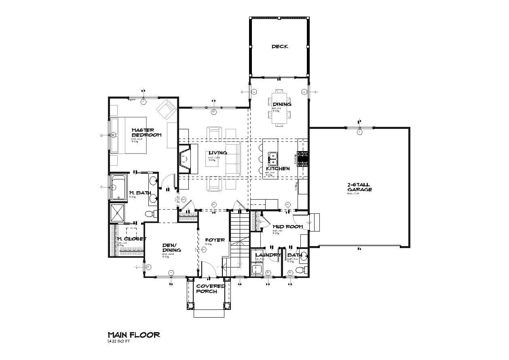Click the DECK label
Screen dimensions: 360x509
coord(280,47)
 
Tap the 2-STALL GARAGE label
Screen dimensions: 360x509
coord(359,187)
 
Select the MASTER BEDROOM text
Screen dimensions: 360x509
coord(146,132)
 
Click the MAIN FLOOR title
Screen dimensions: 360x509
coord(133,335)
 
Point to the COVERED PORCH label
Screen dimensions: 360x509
coord(211,288)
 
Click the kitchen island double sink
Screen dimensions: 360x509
coord(273,156)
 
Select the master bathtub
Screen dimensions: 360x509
coord(118,187)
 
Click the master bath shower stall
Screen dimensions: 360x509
coord(119,212)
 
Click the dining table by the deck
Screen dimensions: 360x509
coord(280,108)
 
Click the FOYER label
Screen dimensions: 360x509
coord(215,240)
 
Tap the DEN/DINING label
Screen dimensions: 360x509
coord(171,248)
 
